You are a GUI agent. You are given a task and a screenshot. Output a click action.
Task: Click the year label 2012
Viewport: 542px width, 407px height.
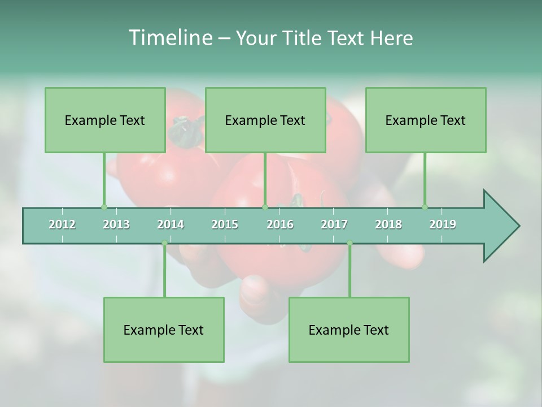point(62,224)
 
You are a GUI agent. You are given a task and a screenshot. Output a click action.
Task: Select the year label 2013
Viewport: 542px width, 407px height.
point(116,224)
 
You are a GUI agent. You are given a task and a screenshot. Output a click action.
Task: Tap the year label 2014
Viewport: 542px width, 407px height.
point(171,224)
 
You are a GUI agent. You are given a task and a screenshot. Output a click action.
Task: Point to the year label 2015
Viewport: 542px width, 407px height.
point(225,224)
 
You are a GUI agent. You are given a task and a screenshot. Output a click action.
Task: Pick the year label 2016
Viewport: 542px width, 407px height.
point(280,224)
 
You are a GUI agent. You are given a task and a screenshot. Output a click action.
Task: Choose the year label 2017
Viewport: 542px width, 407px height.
point(334,224)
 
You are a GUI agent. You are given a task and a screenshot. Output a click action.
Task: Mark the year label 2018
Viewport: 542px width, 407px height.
point(388,224)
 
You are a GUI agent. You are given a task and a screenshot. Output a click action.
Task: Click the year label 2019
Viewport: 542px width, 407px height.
point(443,224)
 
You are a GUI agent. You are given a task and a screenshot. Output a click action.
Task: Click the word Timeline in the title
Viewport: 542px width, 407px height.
point(169,38)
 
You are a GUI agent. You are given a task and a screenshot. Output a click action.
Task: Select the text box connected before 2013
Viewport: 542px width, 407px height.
point(105,120)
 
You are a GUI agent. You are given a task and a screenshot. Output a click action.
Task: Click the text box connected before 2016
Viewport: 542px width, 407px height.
point(265,120)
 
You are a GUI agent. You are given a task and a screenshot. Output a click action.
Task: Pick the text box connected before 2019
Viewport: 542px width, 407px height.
point(426,120)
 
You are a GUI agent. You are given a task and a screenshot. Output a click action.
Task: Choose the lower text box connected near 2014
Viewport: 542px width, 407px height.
point(164,330)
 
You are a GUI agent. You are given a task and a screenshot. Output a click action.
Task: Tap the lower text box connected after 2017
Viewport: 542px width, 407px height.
point(349,330)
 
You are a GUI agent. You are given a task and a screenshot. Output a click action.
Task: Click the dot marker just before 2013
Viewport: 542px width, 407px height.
point(104,207)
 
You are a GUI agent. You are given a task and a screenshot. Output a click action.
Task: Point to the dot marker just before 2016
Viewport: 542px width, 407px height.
point(265,207)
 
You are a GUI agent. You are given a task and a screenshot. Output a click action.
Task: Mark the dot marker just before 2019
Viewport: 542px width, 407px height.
point(425,207)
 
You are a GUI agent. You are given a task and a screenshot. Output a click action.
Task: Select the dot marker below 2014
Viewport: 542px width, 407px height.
point(164,243)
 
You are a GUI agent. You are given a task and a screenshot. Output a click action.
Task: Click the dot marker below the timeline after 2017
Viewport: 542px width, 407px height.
point(349,243)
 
